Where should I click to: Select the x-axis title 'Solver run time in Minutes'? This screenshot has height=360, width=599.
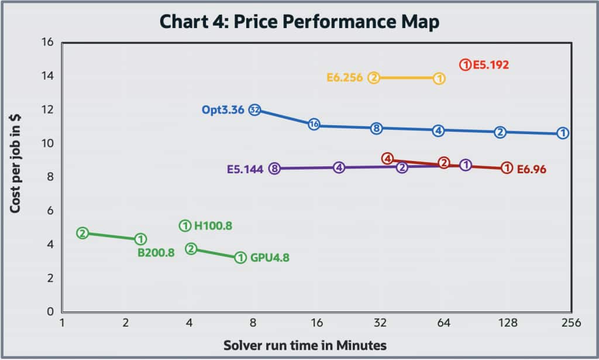tap(305, 344)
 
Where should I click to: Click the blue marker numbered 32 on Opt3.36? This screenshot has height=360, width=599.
tap(254, 109)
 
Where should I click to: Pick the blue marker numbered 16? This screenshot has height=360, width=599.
tap(314, 124)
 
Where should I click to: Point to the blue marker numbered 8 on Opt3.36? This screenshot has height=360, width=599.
tap(377, 128)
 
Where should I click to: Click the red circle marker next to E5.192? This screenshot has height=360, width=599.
tap(465, 64)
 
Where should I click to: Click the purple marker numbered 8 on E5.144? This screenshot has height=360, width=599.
tap(274, 169)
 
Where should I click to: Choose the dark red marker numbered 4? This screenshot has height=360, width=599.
tap(387, 159)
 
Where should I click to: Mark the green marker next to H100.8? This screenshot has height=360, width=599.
tap(185, 225)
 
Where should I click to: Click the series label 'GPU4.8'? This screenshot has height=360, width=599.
tap(270, 257)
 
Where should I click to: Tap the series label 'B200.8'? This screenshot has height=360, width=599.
tap(156, 253)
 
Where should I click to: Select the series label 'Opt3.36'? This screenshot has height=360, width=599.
tap(223, 109)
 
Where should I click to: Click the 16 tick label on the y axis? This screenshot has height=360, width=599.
tap(47, 42)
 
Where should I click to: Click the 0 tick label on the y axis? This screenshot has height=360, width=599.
tap(50, 311)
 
